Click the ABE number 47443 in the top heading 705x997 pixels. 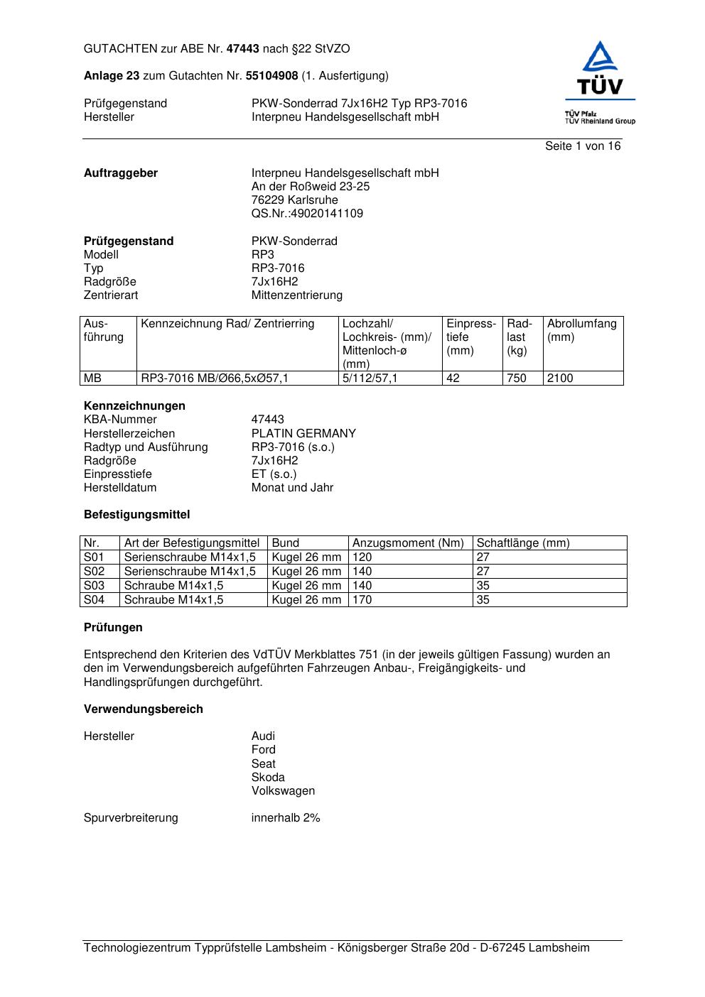(242, 49)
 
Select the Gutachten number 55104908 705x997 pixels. (271, 76)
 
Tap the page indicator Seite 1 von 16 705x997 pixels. (582, 146)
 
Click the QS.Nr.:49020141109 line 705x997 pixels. (307, 214)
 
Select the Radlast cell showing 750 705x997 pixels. (517, 378)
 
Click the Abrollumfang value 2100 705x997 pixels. (560, 378)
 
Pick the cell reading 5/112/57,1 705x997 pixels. (370, 378)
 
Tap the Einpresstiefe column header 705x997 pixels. (470, 337)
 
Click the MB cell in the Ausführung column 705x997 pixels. (93, 378)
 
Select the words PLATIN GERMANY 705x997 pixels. (303, 434)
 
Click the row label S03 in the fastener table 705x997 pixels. (94, 586)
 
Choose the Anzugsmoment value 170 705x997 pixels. (362, 600)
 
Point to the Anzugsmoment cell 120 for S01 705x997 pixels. (362, 557)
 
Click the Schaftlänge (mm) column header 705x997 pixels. (522, 543)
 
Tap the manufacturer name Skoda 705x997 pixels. (268, 778)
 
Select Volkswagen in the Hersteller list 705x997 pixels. (283, 791)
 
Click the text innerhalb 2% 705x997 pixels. (286, 818)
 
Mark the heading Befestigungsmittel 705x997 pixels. (136, 515)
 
